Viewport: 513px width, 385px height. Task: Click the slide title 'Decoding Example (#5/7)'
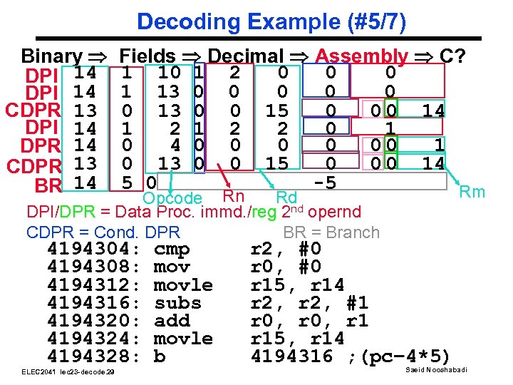271,21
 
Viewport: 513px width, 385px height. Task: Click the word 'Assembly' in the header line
361,56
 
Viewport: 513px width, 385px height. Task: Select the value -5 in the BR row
325,183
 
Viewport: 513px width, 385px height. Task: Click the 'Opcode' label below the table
172,197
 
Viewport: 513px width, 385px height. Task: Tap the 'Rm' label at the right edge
472,191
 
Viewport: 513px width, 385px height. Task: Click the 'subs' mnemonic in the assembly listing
177,303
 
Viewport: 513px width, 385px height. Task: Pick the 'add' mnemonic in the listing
172,321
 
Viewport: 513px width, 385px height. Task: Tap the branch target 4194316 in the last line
292,356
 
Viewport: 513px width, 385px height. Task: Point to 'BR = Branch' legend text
331,232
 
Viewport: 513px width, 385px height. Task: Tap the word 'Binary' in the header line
51,56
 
